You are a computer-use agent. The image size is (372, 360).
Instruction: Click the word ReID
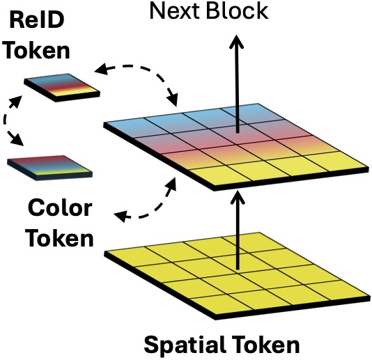coord(37,20)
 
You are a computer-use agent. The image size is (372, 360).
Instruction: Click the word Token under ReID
coord(38,50)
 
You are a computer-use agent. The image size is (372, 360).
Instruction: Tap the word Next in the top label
coord(174,10)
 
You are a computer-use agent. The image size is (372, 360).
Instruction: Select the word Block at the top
coord(238,10)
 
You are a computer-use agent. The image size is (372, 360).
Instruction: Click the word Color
coord(61,208)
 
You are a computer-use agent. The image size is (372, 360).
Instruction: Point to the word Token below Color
coord(61,238)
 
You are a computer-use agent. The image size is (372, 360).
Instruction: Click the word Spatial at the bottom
coord(185,345)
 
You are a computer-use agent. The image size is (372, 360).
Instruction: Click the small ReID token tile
coord(62,87)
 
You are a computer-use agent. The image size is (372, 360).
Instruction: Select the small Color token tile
coord(49,168)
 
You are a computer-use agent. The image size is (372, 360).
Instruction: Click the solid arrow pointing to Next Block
coord(237,84)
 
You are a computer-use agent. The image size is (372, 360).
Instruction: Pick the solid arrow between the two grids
coord(238,230)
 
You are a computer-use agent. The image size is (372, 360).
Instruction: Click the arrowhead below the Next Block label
coord(237,42)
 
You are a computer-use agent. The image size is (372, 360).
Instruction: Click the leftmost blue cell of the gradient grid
coord(125,127)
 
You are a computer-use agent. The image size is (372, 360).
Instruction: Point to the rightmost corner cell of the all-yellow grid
coord(337,290)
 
